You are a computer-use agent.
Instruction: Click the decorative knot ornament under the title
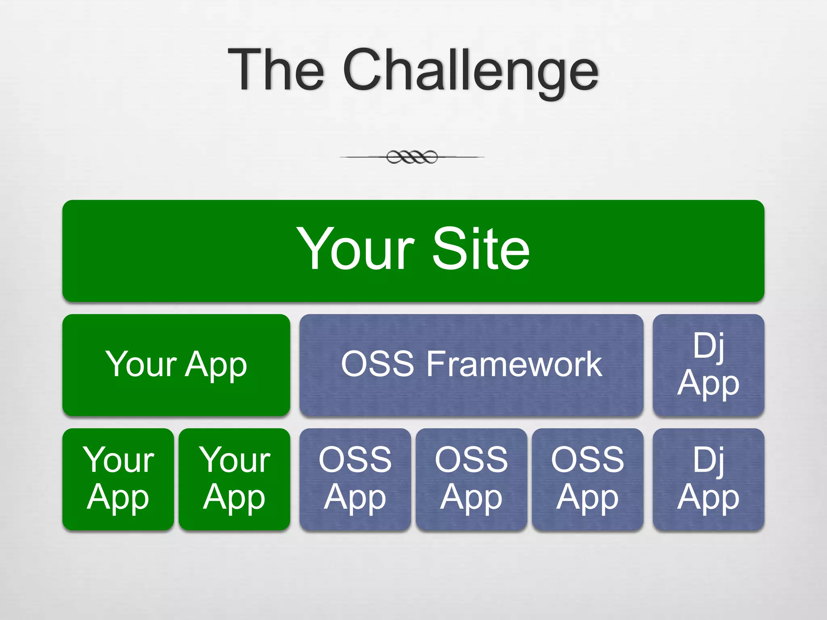pyautogui.click(x=412, y=157)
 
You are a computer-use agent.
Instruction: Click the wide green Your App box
pyautogui.click(x=176, y=365)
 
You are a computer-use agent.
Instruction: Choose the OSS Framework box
pyautogui.click(x=471, y=365)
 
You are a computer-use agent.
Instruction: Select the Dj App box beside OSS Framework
pyautogui.click(x=708, y=365)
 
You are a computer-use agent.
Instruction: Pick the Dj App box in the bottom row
pyautogui.click(x=708, y=479)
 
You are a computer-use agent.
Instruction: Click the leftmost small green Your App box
pyautogui.click(x=118, y=479)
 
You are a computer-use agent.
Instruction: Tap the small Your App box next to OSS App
pyautogui.click(x=234, y=479)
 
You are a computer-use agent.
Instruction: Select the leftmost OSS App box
pyautogui.click(x=355, y=479)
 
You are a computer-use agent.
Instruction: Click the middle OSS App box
pyautogui.click(x=471, y=479)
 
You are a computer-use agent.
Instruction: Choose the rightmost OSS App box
pyautogui.click(x=588, y=479)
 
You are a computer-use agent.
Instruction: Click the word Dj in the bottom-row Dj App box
pyautogui.click(x=708, y=460)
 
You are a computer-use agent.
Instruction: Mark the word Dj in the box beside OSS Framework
pyautogui.click(x=708, y=346)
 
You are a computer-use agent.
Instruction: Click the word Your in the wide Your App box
pyautogui.click(x=141, y=364)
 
